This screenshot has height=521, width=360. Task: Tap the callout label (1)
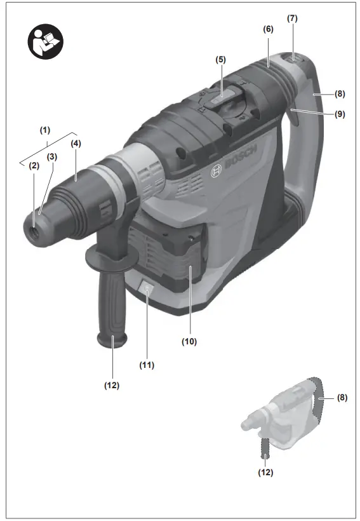point(44,130)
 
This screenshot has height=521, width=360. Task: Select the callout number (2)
point(33,165)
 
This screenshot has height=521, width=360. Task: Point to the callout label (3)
point(51,156)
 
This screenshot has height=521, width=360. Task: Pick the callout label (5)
point(220,59)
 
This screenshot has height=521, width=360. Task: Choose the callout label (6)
point(267,29)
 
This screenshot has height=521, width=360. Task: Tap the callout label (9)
point(340,115)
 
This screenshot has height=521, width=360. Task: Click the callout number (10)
point(189,341)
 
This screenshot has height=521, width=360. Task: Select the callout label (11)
point(147,365)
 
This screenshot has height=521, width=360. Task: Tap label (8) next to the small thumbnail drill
point(342,398)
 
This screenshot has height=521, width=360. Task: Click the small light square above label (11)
point(148,290)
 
